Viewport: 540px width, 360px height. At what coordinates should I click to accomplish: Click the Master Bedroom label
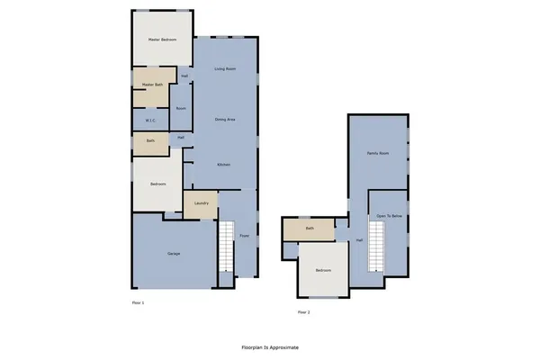pos(162,40)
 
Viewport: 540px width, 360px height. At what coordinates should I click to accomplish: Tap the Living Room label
pos(225,69)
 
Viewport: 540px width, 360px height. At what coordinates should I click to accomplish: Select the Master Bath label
pos(152,85)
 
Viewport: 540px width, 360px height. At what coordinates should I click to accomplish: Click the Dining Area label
pos(226,119)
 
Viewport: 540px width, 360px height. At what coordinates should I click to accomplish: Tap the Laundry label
pos(202,203)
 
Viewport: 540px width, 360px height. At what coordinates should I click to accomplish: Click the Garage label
pos(174,254)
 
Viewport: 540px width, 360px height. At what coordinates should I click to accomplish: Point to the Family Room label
pos(378,154)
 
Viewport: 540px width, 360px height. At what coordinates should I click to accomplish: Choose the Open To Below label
pos(389,217)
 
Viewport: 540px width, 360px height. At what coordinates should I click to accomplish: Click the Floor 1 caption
pos(138,303)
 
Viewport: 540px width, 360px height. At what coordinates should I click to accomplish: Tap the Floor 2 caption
pos(303,312)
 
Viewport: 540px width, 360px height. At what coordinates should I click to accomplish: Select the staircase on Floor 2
pos(375,247)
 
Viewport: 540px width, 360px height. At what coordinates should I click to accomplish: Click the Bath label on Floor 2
pos(310,229)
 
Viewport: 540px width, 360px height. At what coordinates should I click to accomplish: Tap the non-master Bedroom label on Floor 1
pos(158,184)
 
